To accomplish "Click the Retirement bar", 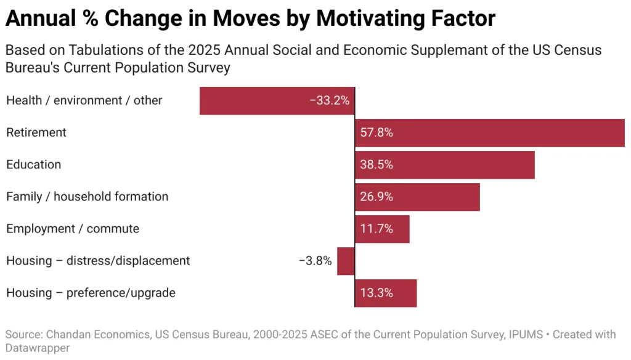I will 490,133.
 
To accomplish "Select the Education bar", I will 445,165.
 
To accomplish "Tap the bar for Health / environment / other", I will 277,100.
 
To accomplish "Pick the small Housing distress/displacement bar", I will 346,261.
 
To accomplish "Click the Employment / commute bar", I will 382,229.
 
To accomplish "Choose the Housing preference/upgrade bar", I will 386,293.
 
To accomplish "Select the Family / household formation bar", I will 417,197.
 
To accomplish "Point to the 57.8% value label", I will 377,133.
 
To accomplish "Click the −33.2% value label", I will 330,100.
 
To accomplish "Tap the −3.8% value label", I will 315,261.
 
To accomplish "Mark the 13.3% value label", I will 377,293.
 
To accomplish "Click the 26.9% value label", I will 377,197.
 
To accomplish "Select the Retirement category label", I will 36,133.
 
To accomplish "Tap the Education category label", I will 34,165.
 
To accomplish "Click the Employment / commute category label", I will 73,229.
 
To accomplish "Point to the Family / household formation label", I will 87,197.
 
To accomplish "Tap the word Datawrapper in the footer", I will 38,348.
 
